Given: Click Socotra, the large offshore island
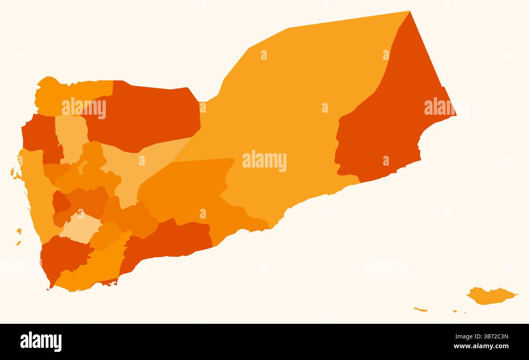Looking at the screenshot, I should coord(490,296).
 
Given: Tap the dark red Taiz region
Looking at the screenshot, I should coord(63,256).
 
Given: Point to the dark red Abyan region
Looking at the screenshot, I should coord(171,240).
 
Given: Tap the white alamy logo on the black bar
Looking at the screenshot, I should coord(41,342).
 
